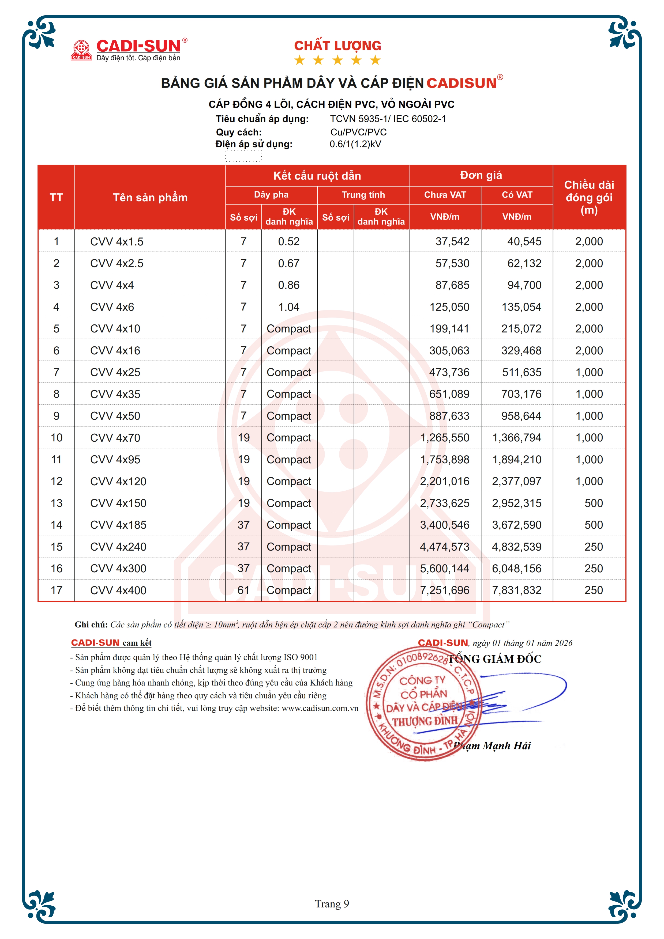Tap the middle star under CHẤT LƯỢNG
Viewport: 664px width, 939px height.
click(337, 60)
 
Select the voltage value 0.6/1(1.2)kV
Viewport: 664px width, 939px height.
click(355, 144)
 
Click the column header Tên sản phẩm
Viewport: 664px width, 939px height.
click(150, 198)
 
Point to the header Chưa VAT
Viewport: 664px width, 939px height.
click(445, 195)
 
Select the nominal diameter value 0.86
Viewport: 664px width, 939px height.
click(288, 285)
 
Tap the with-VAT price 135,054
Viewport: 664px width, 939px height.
click(521, 307)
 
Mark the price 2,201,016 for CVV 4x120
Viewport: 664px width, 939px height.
click(444, 481)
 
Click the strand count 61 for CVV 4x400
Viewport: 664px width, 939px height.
click(243, 590)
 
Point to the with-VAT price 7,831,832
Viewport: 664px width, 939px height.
click(516, 590)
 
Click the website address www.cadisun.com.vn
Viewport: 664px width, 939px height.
click(320, 708)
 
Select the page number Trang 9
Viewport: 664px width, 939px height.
click(332, 903)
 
